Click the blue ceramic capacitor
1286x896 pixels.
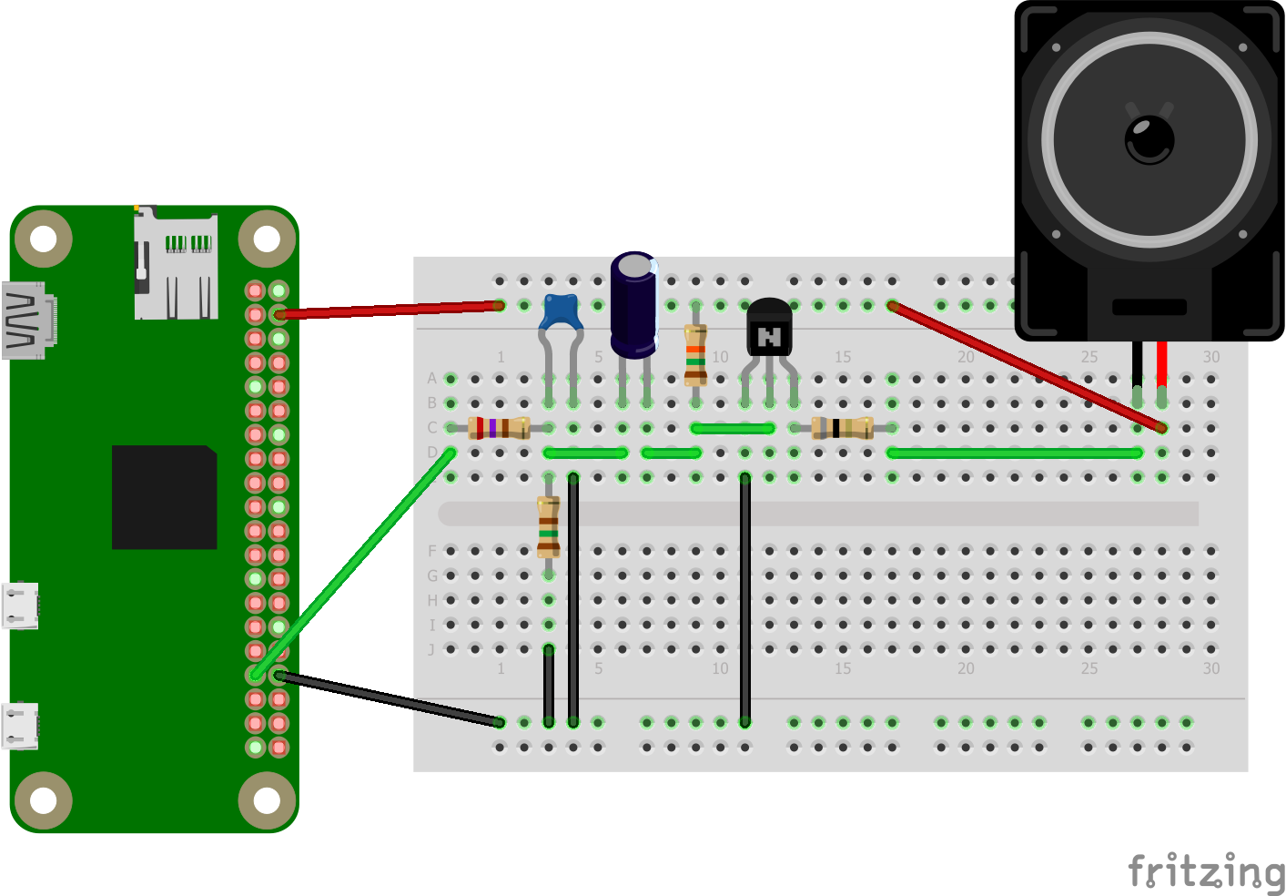pos(562,312)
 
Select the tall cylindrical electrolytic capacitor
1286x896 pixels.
pos(633,304)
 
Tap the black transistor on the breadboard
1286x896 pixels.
pos(769,329)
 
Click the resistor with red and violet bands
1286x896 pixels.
pos(499,428)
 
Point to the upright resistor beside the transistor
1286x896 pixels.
pos(695,354)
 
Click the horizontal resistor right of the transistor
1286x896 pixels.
pos(842,427)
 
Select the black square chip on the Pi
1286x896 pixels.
pos(164,497)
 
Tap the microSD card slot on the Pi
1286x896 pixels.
pos(176,263)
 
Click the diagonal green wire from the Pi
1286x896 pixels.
pos(355,563)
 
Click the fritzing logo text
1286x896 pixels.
pos(1205,872)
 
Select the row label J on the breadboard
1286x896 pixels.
pos(431,649)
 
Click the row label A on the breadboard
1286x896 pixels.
pos(431,378)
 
